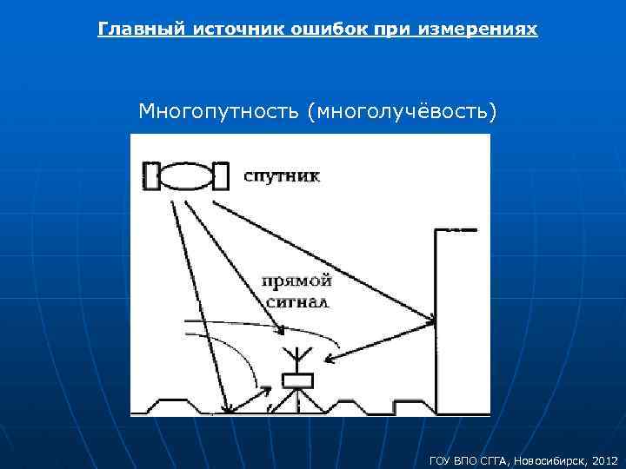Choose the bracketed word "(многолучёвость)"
click(403, 112)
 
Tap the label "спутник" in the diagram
click(281, 177)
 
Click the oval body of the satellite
click(185, 175)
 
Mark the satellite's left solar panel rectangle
click(151, 175)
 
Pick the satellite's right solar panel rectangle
click(220, 175)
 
